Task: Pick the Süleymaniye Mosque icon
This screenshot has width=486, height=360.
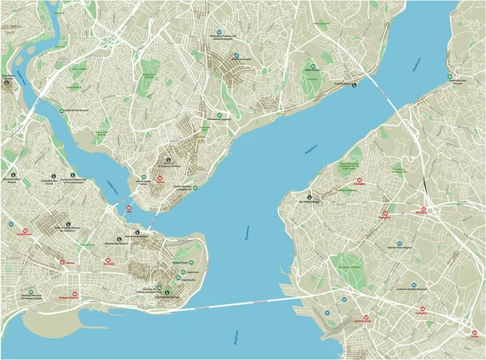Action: point(137,233)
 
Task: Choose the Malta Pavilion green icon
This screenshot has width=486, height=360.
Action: point(312,66)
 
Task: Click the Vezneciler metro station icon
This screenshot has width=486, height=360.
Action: point(109,261)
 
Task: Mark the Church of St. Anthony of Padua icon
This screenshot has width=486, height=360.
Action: point(168,160)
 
